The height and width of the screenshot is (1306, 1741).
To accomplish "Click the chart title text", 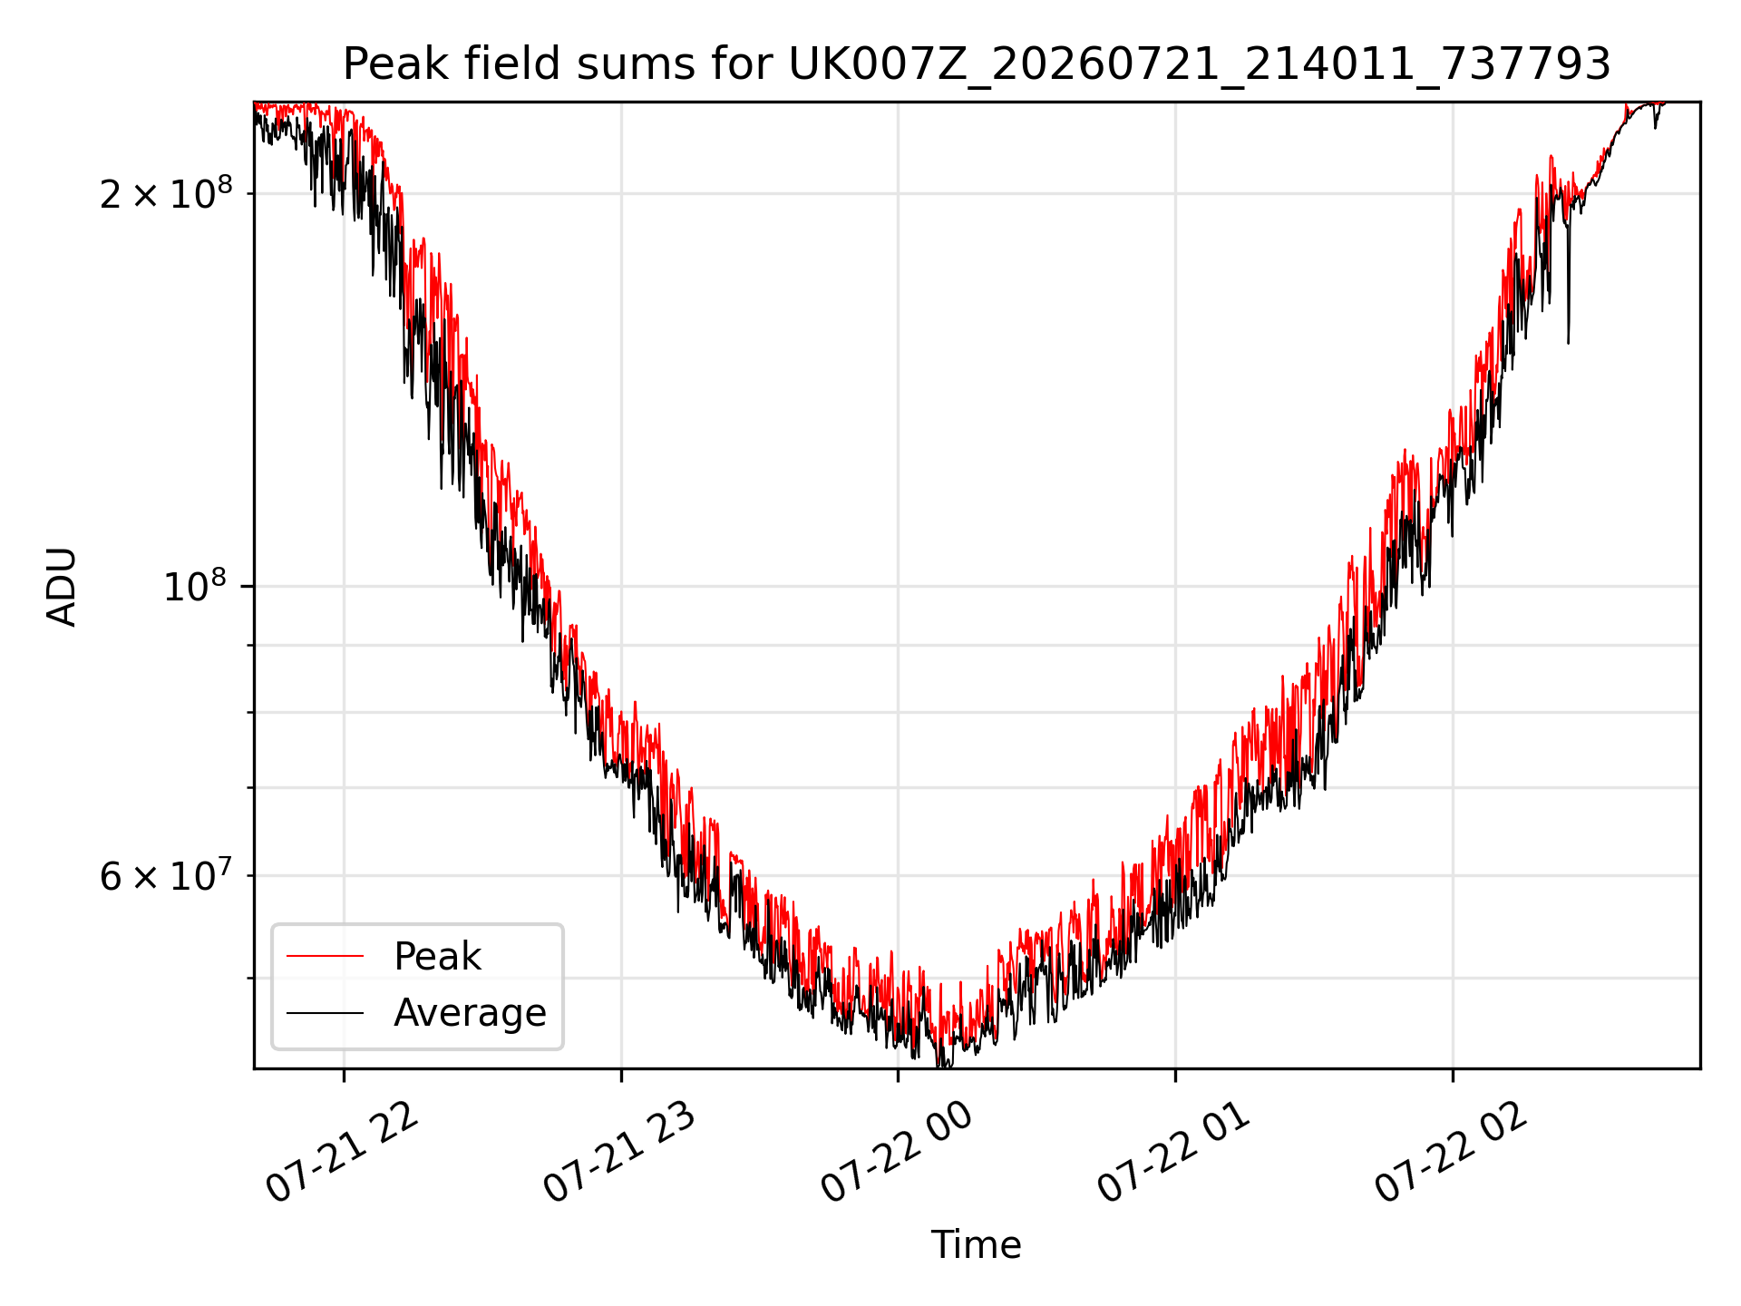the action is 977,64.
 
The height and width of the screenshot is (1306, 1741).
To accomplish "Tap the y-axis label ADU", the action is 62,586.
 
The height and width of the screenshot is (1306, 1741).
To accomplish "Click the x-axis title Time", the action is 977,1245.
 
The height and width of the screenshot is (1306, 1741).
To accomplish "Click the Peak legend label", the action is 437,957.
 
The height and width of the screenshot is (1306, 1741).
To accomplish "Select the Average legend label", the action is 470,1013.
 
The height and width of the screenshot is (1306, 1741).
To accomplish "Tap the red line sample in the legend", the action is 325,956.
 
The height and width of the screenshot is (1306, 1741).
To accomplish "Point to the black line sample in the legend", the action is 325,1012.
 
